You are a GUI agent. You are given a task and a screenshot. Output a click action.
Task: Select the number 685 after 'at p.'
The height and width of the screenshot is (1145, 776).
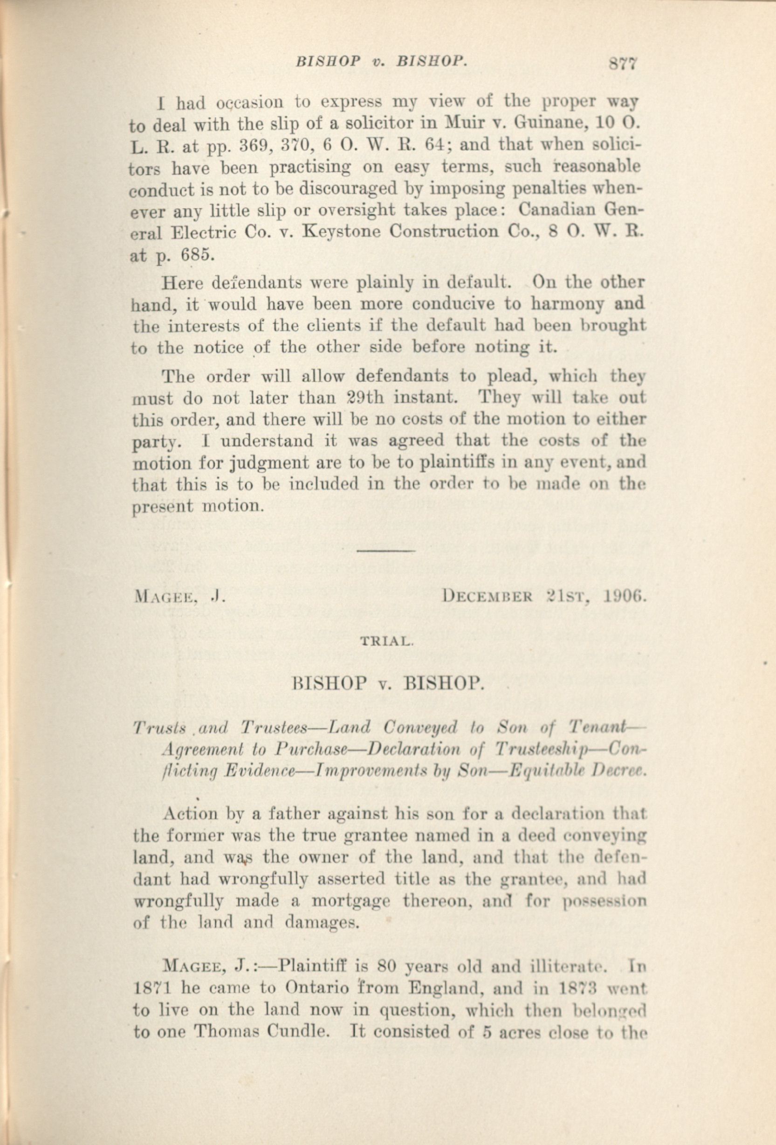[198, 255]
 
